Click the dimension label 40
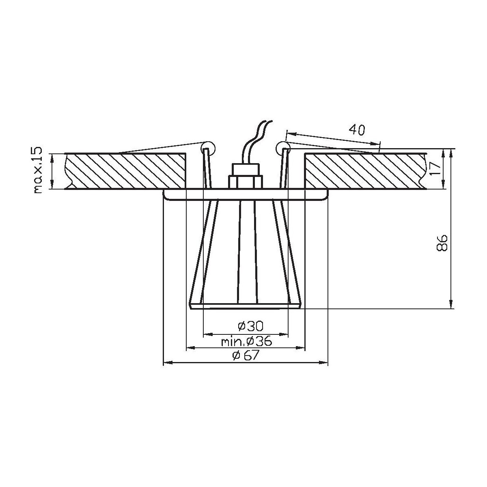pos(357,130)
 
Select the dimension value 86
pos(442,243)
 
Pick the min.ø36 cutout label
pos(246,341)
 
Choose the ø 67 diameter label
pos(246,356)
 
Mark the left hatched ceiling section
pos(126,171)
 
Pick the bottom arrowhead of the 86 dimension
pos(450,305)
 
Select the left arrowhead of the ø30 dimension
pos(206,334)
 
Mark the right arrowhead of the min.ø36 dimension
pos(302,348)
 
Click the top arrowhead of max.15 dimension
pos(52,156)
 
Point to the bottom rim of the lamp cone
pos(246,306)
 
